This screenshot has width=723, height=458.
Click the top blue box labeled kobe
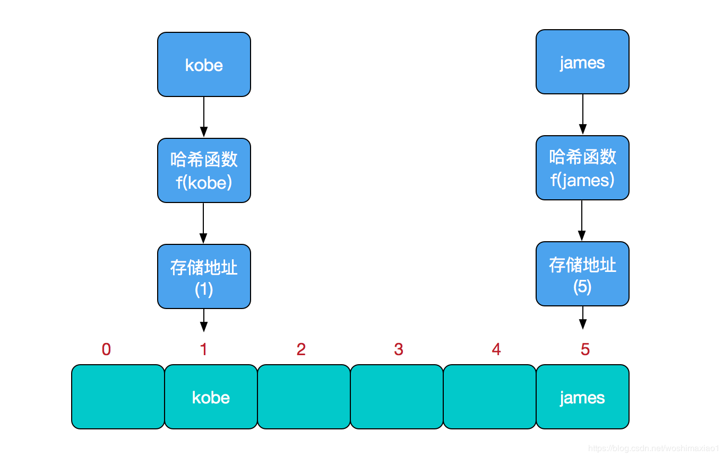point(204,65)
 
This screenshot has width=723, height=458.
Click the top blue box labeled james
point(582,62)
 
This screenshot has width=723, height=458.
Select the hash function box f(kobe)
point(204,170)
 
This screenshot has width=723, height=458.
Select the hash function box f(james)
point(582,168)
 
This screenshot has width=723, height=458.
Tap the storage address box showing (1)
point(204,276)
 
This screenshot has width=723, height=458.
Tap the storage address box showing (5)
point(582,274)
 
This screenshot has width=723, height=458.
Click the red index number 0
point(106,349)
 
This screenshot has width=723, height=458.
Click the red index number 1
point(204,349)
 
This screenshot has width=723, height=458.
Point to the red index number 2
point(301,349)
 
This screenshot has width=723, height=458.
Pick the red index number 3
point(399,349)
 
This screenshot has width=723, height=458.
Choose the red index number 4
point(496,349)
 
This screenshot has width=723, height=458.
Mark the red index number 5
point(585,349)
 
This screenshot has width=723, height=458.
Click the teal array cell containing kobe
point(211,397)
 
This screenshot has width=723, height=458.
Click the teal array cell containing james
point(582,397)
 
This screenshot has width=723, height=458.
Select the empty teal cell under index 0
point(118,397)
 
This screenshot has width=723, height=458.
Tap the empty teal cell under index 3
point(397,397)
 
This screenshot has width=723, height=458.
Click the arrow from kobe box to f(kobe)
point(204,117)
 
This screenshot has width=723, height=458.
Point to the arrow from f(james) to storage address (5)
point(582,221)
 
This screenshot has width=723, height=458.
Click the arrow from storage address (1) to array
point(204,320)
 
